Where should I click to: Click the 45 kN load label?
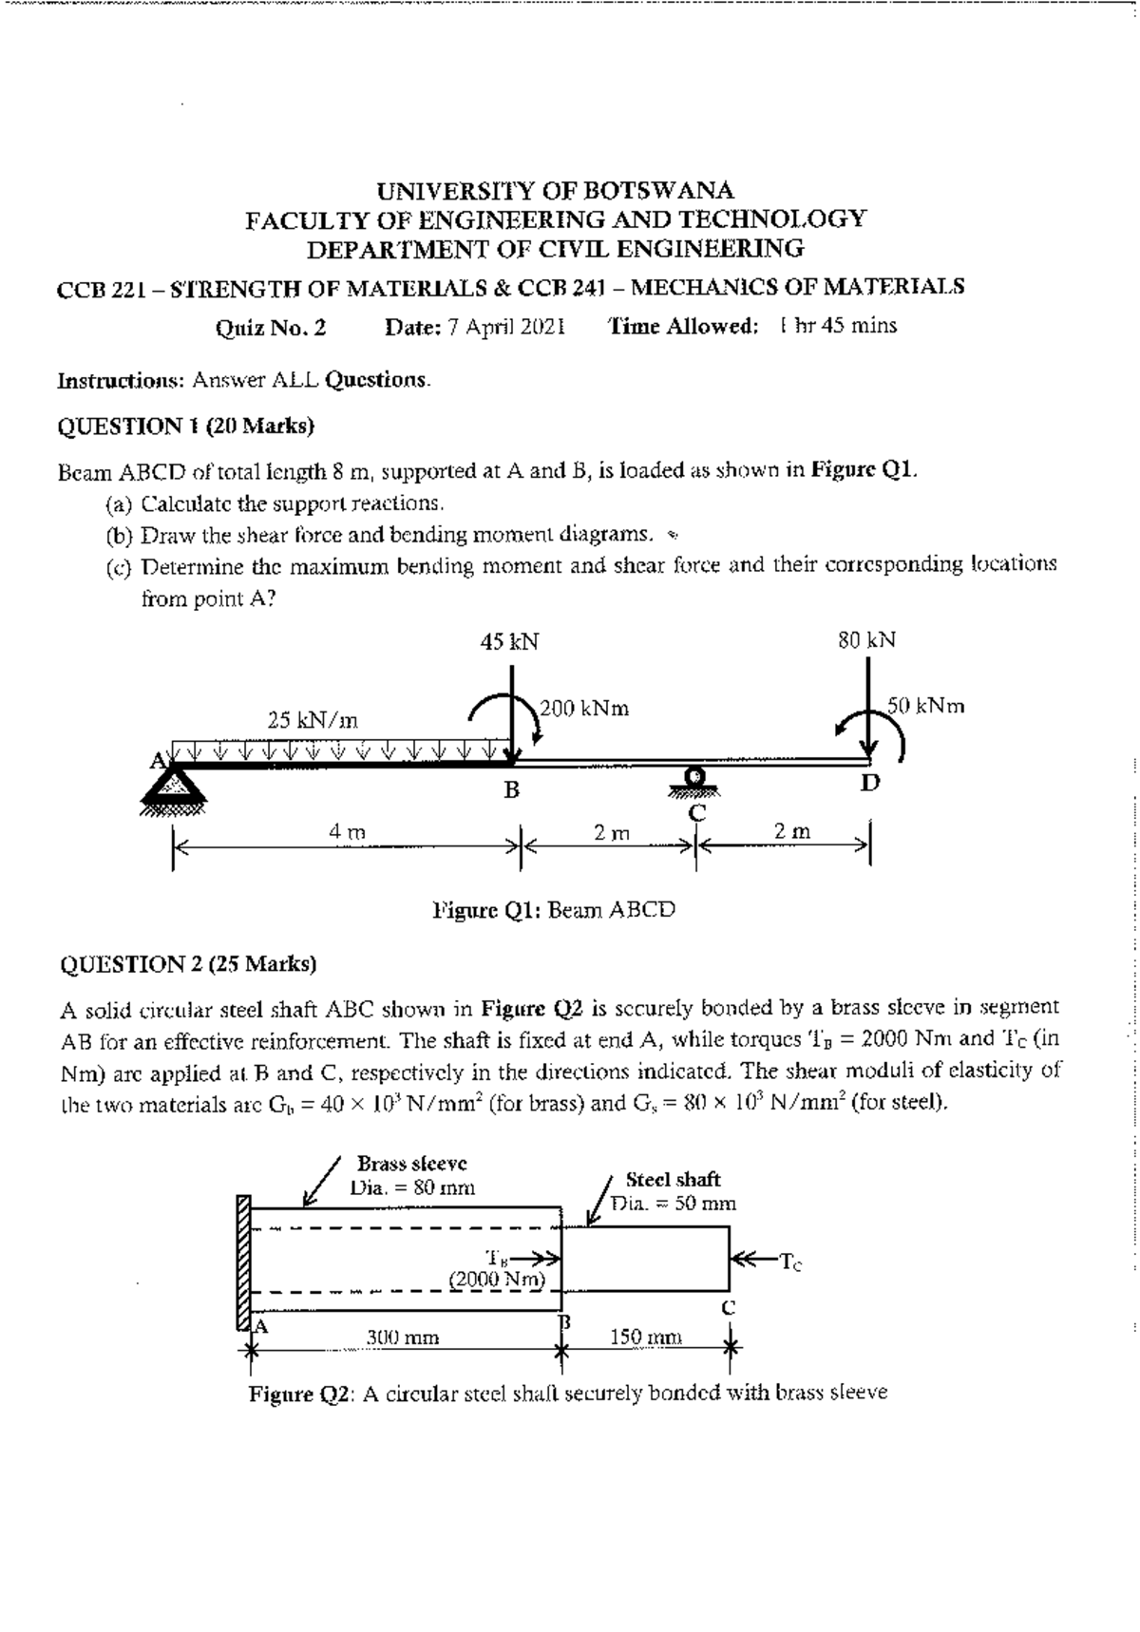click(x=509, y=642)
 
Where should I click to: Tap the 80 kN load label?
click(x=866, y=640)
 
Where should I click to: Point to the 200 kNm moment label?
click(x=584, y=709)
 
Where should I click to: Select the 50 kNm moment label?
click(x=926, y=706)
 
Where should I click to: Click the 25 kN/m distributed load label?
click(x=313, y=720)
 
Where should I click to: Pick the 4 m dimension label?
click(x=347, y=831)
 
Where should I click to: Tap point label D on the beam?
click(x=870, y=784)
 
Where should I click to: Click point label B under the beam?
click(x=511, y=790)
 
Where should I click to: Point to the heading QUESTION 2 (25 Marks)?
click(x=188, y=964)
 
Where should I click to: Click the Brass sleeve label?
click(x=411, y=1137)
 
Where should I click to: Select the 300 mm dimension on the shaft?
click(x=403, y=1338)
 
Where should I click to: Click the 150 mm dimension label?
click(x=645, y=1338)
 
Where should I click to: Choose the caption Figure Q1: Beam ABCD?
click(x=554, y=910)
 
